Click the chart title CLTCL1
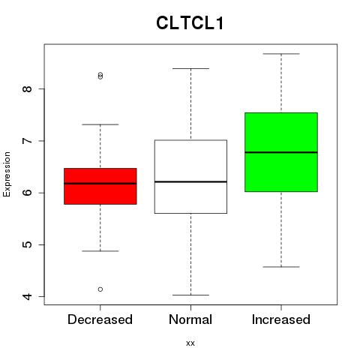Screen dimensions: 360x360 [190, 23]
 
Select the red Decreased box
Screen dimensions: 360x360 [100, 186]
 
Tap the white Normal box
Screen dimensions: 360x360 [190, 176]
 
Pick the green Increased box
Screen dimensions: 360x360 [281, 152]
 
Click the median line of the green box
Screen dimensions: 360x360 [281, 152]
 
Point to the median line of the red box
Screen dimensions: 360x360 [100, 184]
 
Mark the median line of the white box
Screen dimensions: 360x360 [190, 181]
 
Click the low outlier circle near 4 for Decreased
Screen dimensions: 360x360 [100, 289]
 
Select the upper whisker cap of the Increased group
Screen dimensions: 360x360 [281, 54]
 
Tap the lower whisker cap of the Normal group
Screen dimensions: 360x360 [190, 295]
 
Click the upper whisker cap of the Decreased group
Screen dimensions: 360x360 [100, 124]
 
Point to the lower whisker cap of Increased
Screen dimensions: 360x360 [281, 267]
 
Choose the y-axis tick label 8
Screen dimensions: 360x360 [27, 89]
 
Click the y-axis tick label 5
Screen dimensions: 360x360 [27, 244]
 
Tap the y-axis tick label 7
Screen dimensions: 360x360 [27, 141]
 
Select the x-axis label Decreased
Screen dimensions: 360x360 [100, 319]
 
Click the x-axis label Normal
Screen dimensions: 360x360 [190, 319]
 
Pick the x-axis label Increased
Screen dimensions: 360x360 [281, 319]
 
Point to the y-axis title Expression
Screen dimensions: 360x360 [7, 174]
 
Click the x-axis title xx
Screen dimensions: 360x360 [190, 343]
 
